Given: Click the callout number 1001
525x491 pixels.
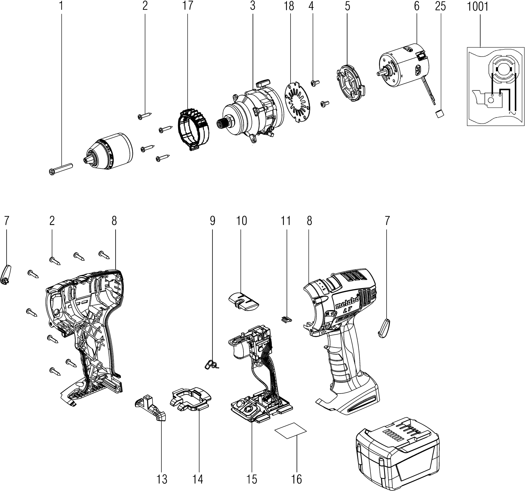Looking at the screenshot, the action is tap(478, 6).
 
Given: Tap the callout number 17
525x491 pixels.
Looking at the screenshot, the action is tap(188, 6).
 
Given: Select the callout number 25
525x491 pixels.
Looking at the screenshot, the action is tap(440, 6).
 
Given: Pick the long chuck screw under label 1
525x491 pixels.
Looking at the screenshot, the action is tap(61, 169).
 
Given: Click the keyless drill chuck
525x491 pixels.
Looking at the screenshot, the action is tap(108, 152).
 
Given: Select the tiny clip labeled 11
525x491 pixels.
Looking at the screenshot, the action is tap(287, 319).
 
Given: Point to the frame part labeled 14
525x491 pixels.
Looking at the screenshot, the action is tap(190, 401).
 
